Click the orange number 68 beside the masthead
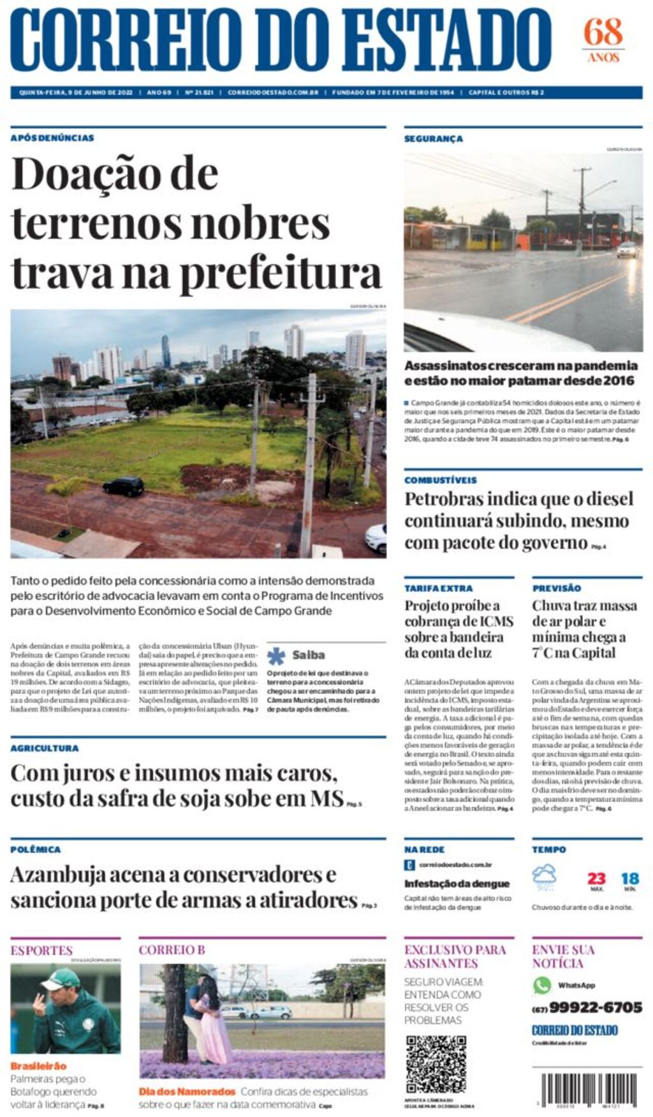(603, 32)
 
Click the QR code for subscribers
(436, 1064)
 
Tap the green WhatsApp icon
(542, 985)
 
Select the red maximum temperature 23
(596, 878)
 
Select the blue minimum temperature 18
(630, 879)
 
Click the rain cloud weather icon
(545, 876)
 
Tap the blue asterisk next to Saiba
(276, 655)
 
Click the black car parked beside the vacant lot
(123, 486)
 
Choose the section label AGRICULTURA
(45, 748)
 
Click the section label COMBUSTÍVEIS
(440, 480)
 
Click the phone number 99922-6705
(595, 1007)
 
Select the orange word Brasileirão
(38, 1066)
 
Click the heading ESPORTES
(41, 950)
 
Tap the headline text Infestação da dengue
(457, 884)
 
